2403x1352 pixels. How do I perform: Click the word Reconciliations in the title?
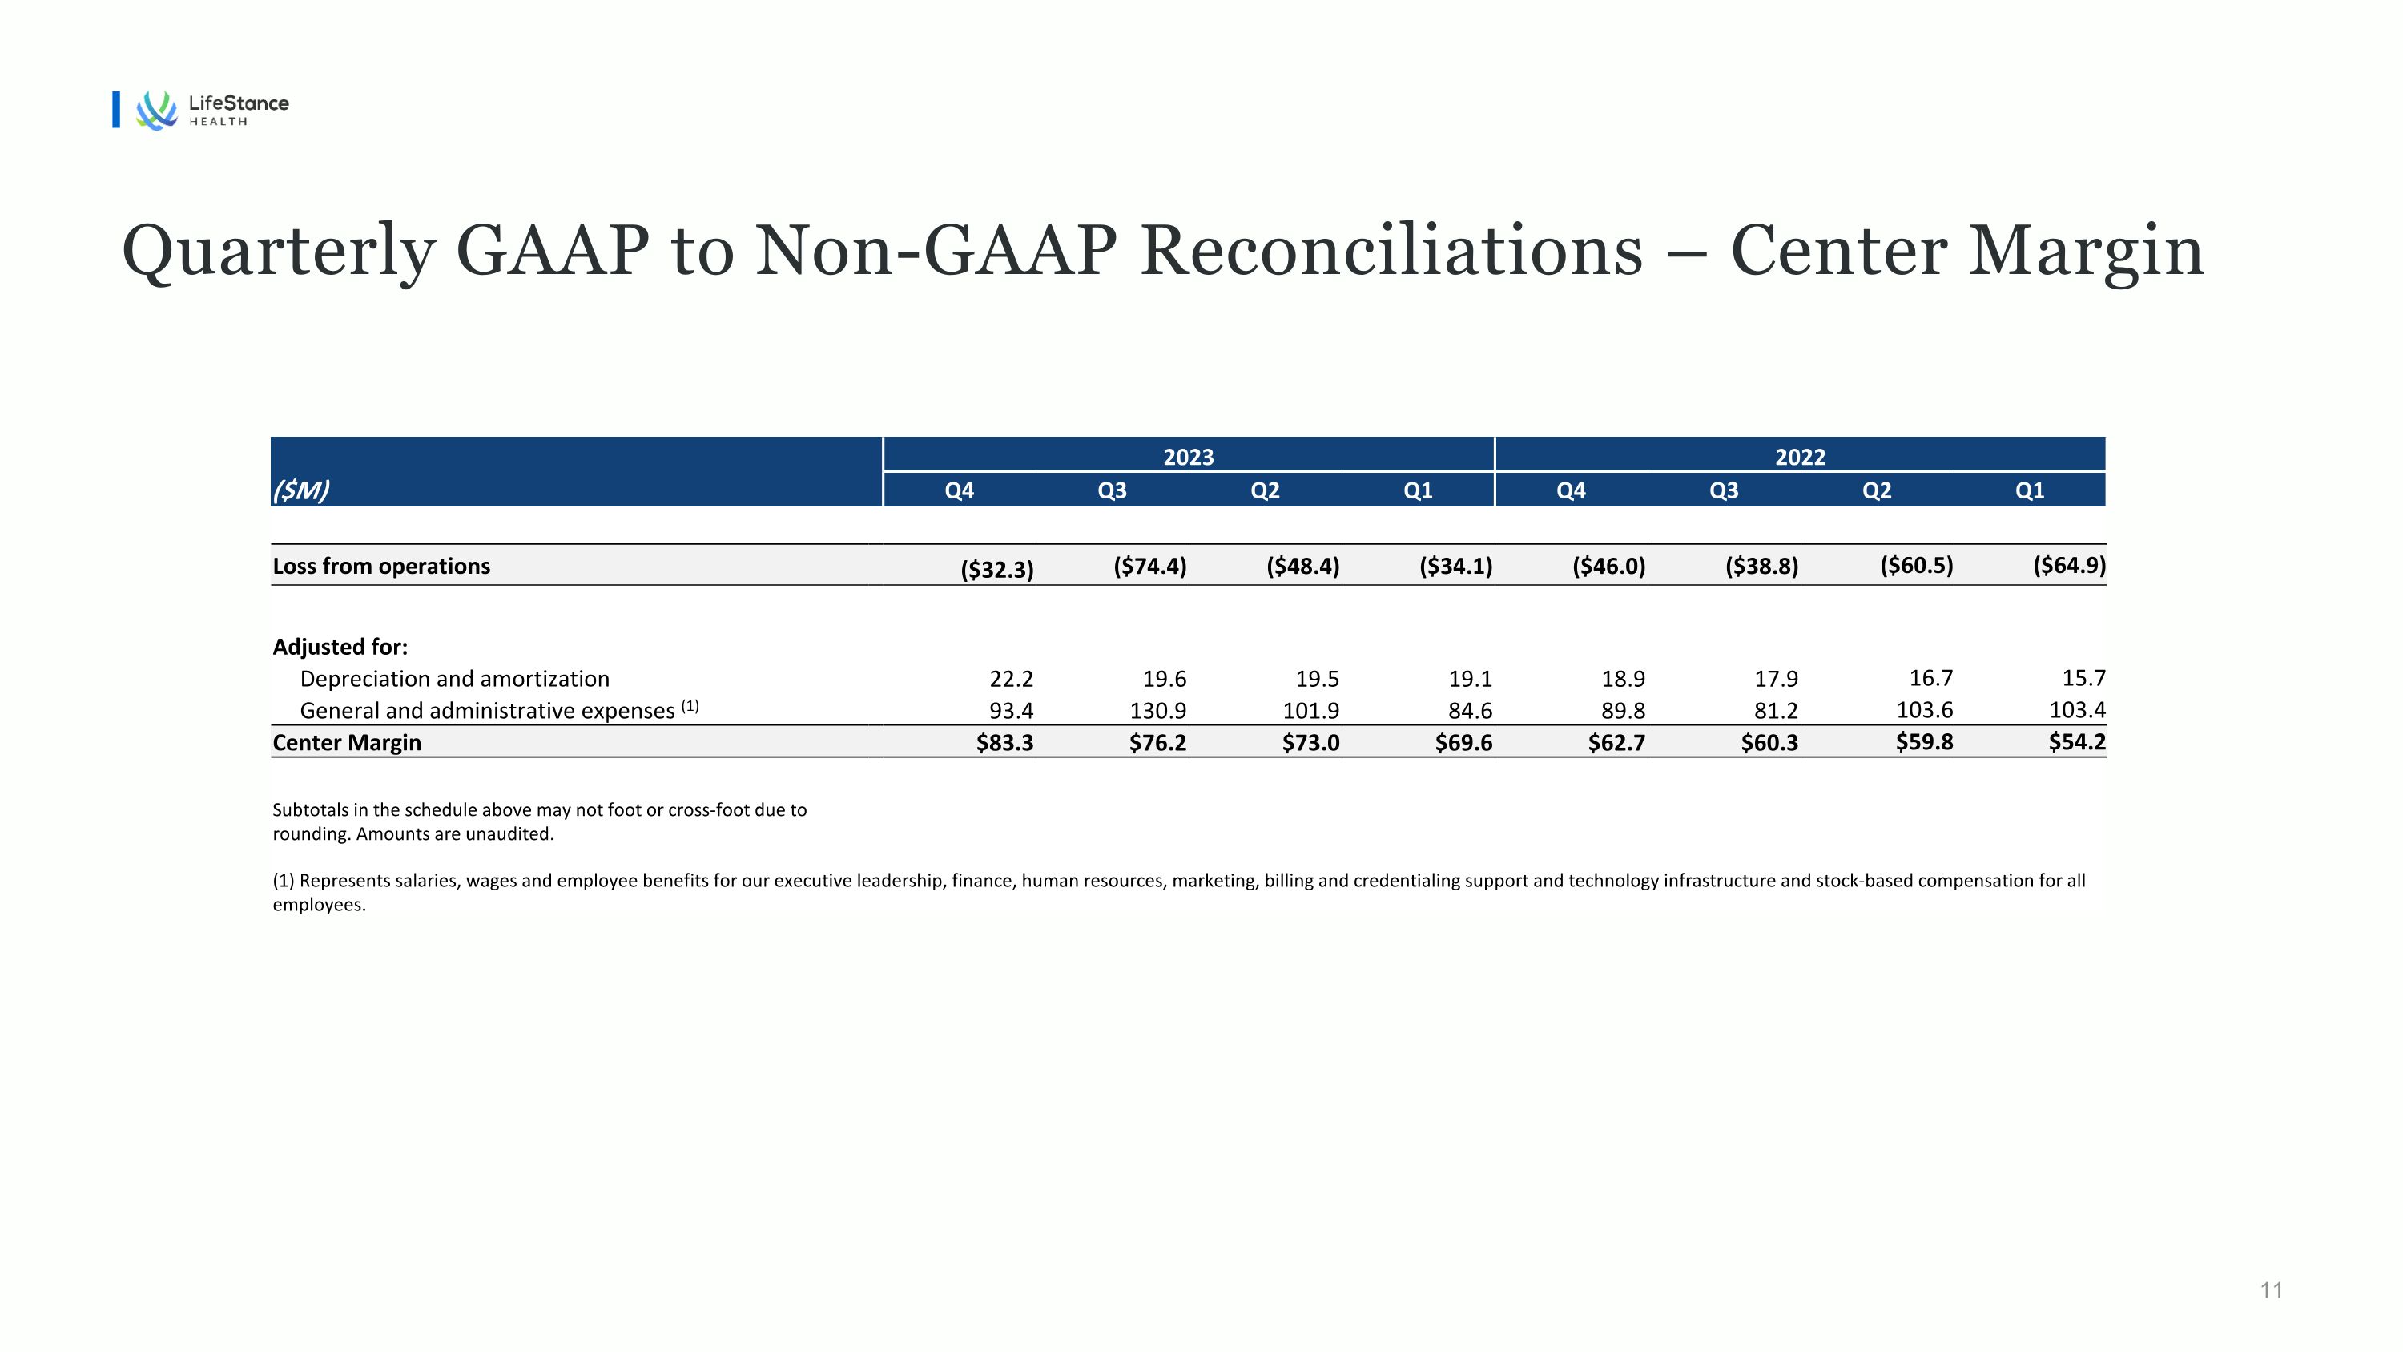pos(1391,251)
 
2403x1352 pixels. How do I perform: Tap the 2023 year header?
pos(1189,456)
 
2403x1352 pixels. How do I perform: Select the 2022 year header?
pos(1801,456)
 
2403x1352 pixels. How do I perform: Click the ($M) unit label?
pos(300,490)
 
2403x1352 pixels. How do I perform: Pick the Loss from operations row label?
pos(380,567)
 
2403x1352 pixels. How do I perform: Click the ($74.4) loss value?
pos(1150,567)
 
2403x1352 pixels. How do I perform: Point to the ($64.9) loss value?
pos(2069,566)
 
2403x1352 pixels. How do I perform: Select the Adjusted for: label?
pos(340,647)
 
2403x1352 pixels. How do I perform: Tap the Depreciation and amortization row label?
pos(454,678)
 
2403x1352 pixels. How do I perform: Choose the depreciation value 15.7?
pos(2084,677)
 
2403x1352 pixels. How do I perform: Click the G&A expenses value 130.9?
pos(1158,710)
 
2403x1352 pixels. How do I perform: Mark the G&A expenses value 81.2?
pos(1776,710)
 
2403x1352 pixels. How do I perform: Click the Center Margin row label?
pos(347,743)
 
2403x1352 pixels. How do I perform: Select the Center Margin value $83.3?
pos(1004,743)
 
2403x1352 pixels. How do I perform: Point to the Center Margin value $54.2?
pos(2078,742)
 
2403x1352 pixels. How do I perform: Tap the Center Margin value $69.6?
pos(1463,743)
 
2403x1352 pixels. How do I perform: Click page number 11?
pos(2272,1290)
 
